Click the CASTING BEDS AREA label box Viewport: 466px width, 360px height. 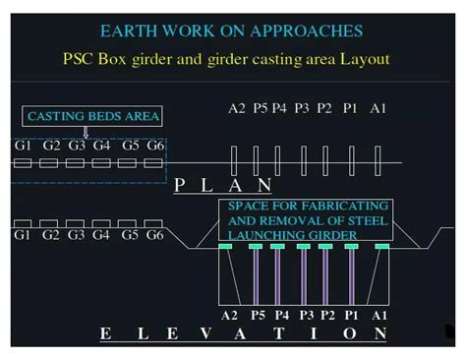coord(93,117)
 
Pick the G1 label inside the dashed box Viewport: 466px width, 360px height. coord(23,146)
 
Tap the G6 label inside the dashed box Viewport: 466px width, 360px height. coord(155,146)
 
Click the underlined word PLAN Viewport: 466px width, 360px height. coord(222,184)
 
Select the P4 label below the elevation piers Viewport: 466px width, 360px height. coord(281,315)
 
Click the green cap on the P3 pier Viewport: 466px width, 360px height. coord(303,247)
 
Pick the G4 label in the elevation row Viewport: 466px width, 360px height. coord(103,235)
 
